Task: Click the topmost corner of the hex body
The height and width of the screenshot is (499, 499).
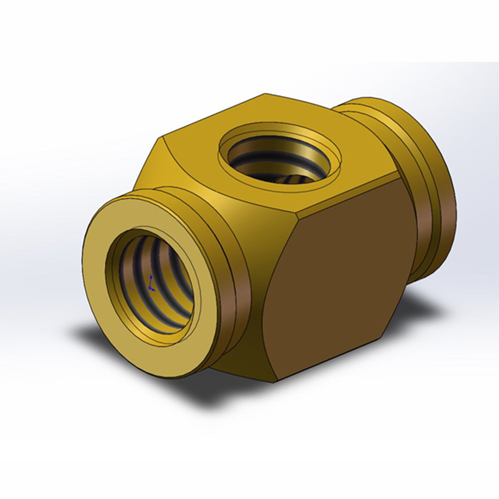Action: tap(264, 94)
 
